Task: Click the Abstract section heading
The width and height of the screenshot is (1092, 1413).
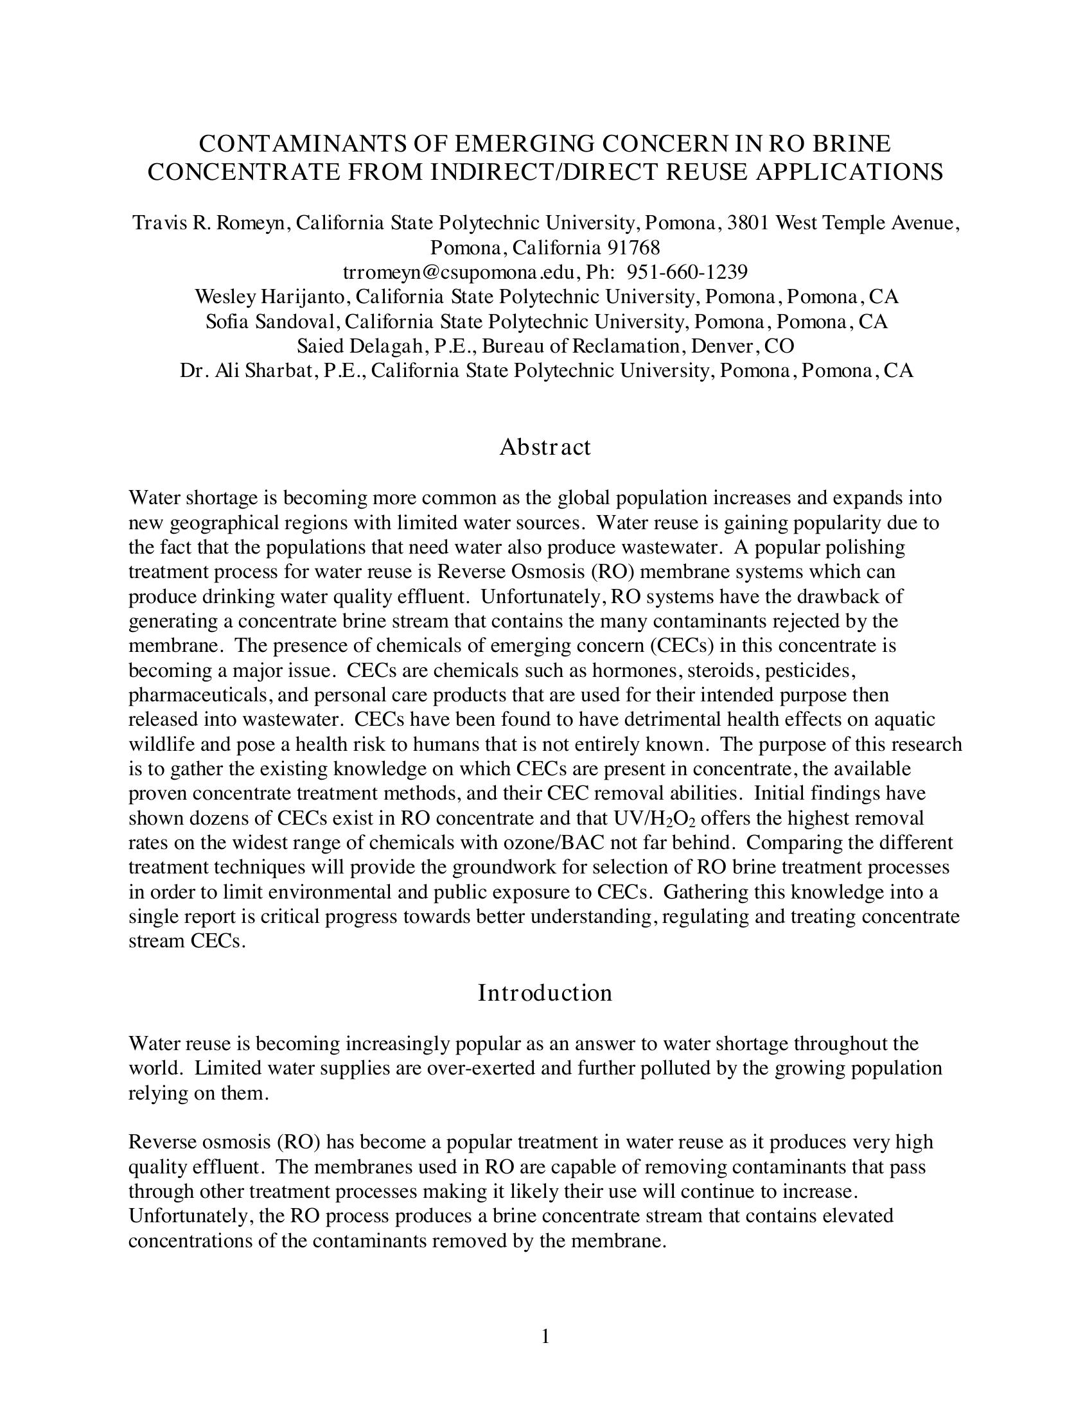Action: pos(545,447)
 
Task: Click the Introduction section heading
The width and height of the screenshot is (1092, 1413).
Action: pos(545,992)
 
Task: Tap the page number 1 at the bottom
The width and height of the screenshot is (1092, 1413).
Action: pos(545,1336)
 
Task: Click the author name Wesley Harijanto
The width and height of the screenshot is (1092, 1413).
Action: pos(269,297)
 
